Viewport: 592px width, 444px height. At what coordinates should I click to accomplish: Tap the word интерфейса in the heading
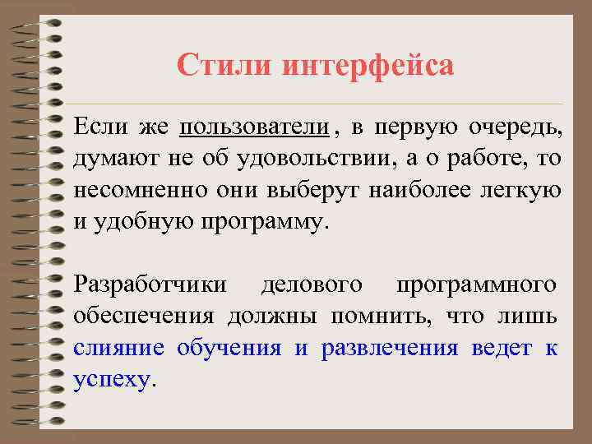(x=368, y=65)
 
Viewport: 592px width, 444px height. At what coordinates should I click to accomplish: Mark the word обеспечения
(x=145, y=316)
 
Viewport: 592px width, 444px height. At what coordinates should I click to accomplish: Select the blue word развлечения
(x=389, y=347)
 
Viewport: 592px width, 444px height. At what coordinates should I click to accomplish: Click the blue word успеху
(x=112, y=378)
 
